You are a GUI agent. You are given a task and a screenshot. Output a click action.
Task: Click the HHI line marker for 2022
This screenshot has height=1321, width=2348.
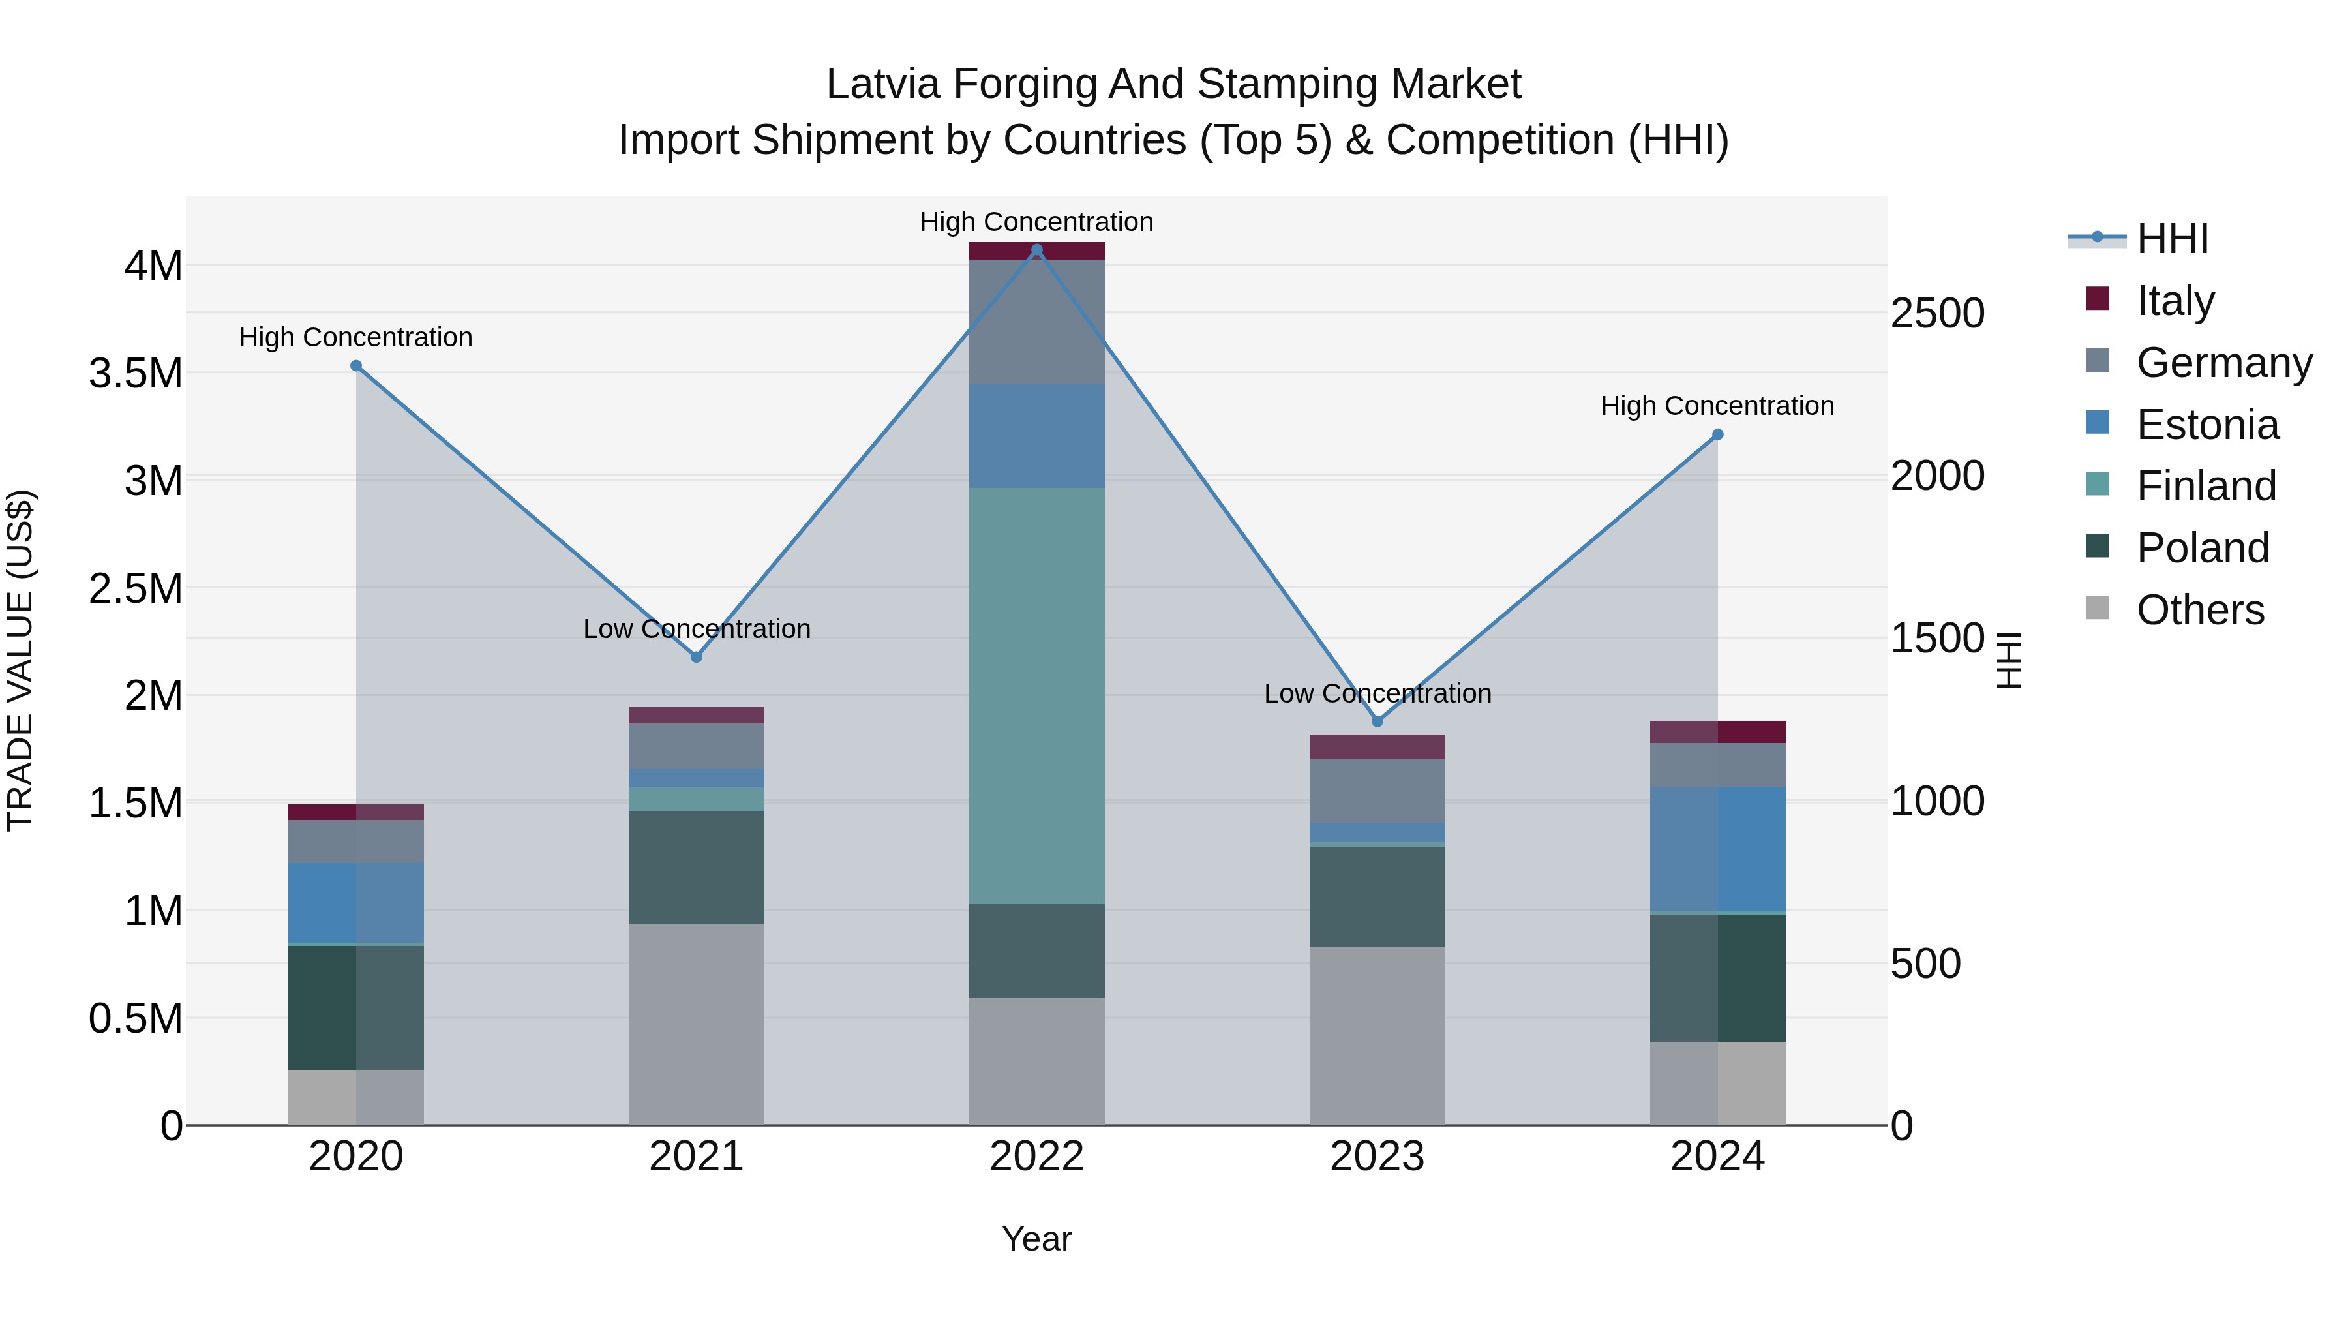1036,250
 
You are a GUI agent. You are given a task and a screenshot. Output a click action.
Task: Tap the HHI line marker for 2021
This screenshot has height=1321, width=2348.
697,656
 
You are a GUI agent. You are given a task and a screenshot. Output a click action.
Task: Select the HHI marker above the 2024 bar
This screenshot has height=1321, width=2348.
1717,435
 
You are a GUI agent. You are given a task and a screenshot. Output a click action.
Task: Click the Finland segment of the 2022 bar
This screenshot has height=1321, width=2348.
1036,695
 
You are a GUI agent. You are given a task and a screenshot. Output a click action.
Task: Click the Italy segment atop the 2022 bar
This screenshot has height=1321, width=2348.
1036,251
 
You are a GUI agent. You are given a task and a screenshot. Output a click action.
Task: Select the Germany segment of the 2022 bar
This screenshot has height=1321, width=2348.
1036,321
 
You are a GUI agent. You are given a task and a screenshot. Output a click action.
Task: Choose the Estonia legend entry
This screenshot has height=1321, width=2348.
2206,425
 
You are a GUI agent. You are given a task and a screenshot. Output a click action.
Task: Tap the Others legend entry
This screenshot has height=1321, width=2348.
2199,610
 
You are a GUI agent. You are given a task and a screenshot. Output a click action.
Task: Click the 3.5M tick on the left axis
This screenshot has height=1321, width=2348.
135,374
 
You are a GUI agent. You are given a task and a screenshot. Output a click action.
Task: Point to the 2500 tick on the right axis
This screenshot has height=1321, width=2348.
1937,314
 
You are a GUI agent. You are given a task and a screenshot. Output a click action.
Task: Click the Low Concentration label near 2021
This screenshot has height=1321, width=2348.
697,629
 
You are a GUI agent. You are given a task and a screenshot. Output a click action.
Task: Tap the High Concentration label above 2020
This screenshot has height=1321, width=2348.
355,337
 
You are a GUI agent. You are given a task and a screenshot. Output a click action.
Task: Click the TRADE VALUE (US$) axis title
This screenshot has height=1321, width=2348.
20,660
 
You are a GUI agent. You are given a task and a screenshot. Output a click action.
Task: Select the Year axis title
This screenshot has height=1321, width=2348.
1036,1239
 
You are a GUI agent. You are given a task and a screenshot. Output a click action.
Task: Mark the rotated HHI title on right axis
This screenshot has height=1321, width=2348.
2009,660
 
